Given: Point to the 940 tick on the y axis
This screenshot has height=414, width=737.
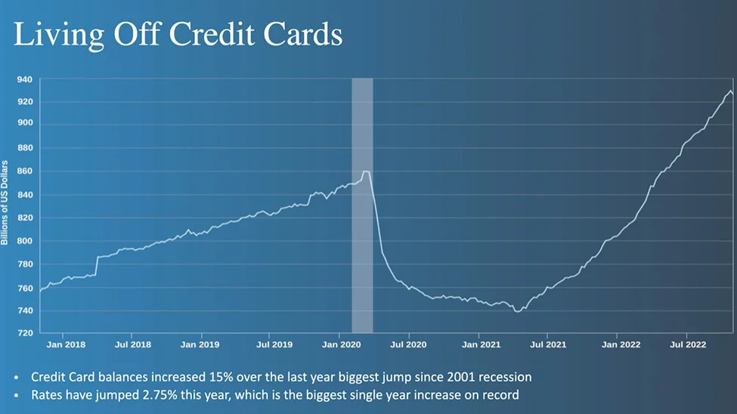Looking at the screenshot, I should click(25, 79).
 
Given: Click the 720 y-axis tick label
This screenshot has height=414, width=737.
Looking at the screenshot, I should click(25, 333).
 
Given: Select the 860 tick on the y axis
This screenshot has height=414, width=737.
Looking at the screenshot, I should click(25, 171).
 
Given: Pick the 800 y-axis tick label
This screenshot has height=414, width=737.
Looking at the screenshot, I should click(25, 241).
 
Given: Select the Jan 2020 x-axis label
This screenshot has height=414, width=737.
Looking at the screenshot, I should click(340, 344).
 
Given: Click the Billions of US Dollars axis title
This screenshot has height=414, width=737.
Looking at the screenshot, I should click(5, 202).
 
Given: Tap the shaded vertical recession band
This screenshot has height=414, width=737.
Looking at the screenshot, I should click(362, 204).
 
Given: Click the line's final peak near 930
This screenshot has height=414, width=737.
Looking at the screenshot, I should click(730, 91).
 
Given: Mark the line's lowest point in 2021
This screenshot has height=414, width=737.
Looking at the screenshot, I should click(517, 310).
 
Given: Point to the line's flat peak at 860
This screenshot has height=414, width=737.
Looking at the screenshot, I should click(366, 171).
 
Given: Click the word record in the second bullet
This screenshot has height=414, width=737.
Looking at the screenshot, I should click(501, 394).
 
